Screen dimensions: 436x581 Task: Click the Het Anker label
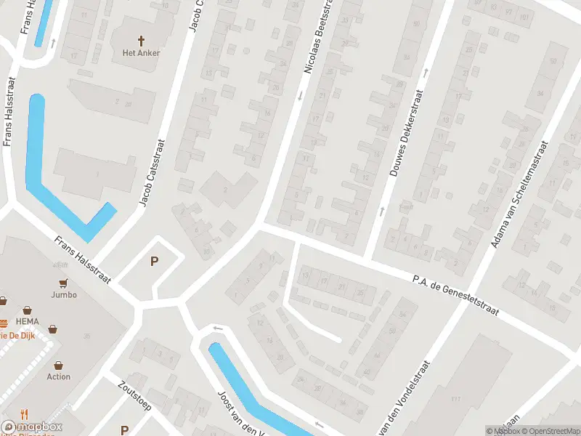[x=141, y=52]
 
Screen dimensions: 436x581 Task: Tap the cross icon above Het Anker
[x=141, y=40]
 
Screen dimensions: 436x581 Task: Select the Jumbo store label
[x=64, y=294]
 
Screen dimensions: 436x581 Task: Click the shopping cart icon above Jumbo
[x=64, y=283]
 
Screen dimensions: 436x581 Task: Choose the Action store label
[x=59, y=376]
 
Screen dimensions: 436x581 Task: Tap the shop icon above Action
[x=59, y=365]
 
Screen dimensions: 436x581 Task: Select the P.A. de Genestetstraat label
[x=455, y=294]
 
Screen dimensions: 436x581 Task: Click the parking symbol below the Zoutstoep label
[x=124, y=430]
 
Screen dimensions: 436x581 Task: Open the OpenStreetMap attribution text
[x=549, y=431]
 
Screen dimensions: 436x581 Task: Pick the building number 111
[x=455, y=399]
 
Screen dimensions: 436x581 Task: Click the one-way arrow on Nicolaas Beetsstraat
[x=300, y=95]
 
